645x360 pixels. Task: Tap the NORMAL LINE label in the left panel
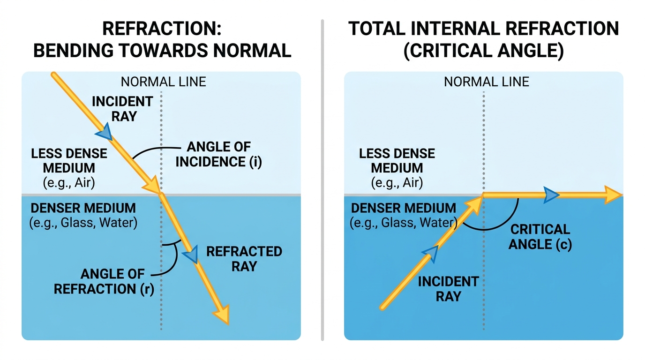pos(163,82)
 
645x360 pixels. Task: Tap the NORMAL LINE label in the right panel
pos(487,82)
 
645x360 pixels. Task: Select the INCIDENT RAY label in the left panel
pos(123,109)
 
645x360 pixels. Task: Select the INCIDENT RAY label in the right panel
pos(448,289)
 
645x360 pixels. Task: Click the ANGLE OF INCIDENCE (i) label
pos(218,154)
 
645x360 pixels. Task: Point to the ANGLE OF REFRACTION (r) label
pos(104,281)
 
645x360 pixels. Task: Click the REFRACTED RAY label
pos(244,259)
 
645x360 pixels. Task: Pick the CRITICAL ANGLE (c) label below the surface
pos(540,237)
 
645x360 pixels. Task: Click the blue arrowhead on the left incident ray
pos(104,132)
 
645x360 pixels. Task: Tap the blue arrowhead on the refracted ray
pos(191,255)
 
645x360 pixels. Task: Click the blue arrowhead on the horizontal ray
pos(551,195)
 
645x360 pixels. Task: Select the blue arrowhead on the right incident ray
pos(431,254)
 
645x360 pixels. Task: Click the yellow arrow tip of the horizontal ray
pos(622,195)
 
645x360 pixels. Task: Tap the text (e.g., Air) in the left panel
pos(69,183)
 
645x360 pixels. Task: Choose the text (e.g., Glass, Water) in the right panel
pos(404,223)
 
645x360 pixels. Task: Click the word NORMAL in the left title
pos(252,51)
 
